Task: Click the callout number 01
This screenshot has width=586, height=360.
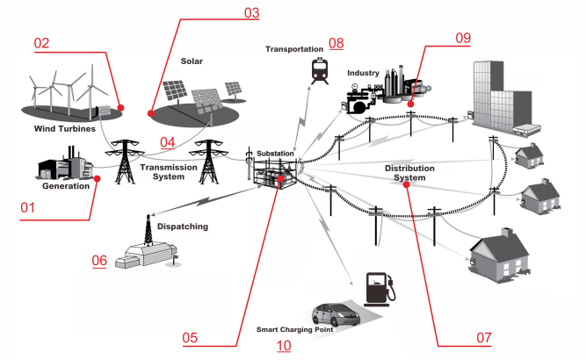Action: click(30, 208)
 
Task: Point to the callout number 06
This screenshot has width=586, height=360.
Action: click(99, 261)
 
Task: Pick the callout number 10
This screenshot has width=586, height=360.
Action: click(284, 345)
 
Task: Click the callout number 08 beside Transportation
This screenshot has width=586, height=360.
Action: click(336, 44)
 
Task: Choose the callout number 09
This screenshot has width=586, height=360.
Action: click(463, 37)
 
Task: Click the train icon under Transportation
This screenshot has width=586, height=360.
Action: click(315, 68)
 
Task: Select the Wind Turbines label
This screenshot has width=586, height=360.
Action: click(63, 129)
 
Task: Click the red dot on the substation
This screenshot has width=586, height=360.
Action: click(280, 179)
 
